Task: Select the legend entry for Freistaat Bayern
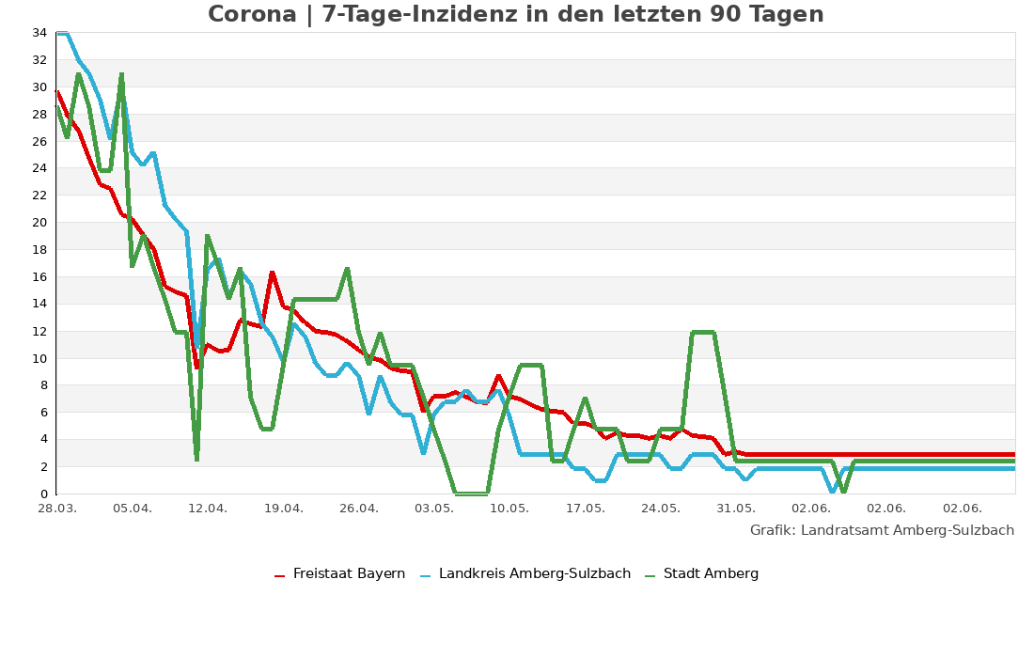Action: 349,574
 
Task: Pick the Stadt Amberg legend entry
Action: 710,574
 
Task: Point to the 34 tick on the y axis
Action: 39,33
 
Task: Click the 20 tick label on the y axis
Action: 39,223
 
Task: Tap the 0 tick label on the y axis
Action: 43,494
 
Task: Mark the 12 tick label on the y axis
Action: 39,332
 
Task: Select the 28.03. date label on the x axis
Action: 56,509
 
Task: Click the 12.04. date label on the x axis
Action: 208,509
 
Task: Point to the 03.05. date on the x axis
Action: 434,509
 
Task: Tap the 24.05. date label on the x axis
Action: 660,509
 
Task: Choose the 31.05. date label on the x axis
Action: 736,509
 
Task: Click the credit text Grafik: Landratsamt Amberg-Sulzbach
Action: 882,530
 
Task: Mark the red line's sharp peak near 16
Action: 272,273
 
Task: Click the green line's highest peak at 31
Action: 121,74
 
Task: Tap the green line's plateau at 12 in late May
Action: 703,332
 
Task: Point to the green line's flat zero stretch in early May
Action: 471,493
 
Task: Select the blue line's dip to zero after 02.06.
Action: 833,491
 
